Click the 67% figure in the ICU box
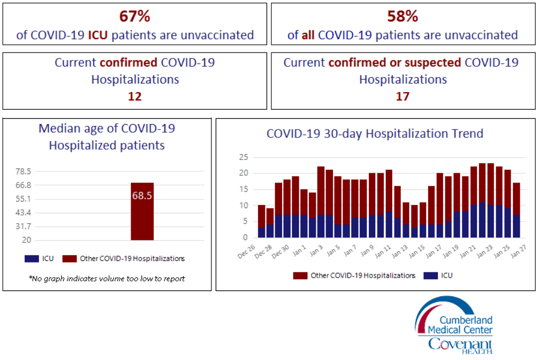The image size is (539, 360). pyautogui.click(x=134, y=16)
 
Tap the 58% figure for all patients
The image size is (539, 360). pyautogui.click(x=403, y=16)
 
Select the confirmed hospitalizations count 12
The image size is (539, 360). pyautogui.click(x=134, y=96)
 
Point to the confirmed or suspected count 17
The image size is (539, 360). pyautogui.click(x=403, y=96)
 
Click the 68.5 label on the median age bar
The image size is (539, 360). pyautogui.click(x=142, y=196)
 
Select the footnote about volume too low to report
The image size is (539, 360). pyautogui.click(x=106, y=278)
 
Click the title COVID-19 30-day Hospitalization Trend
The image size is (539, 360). pyautogui.click(x=375, y=133)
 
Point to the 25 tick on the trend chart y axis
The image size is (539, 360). pyautogui.click(x=243, y=157)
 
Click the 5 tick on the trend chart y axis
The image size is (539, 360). pyautogui.click(x=245, y=221)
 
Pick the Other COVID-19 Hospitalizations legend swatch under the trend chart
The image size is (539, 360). pyautogui.click(x=300, y=275)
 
